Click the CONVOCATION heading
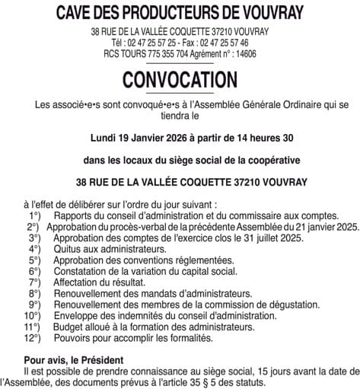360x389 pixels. coord(180,79)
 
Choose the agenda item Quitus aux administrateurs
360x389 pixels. coord(110,249)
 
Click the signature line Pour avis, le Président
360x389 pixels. coord(78,359)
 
